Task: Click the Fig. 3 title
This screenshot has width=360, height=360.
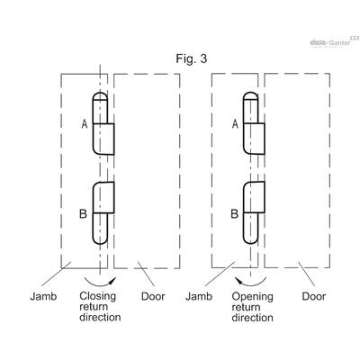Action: pos(192,58)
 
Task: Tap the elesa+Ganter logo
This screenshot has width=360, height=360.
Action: pos(334,42)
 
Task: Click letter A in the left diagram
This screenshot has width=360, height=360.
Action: pos(85,123)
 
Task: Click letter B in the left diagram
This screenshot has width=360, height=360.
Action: pos(83,213)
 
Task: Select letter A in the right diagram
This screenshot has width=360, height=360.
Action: pos(235,123)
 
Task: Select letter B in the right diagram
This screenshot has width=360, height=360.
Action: pos(235,213)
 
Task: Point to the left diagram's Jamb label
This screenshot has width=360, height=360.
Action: pos(43,296)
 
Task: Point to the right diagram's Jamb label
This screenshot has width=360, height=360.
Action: pos(199,296)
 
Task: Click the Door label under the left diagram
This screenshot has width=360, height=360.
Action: pos(153,296)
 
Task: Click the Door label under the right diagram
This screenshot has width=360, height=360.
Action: pos(313,296)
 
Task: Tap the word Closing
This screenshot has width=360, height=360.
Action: pos(98,296)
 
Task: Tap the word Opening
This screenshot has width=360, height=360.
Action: pos(253,297)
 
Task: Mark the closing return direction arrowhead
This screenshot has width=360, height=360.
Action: pos(112,281)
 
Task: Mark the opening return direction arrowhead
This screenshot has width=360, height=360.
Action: pos(238,281)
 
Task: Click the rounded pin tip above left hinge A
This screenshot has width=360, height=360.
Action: pos(100,96)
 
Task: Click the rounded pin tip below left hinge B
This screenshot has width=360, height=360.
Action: pos(100,239)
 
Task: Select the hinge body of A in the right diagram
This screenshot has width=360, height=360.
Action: pos(254,139)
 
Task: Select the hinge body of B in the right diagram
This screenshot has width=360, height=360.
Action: pos(254,197)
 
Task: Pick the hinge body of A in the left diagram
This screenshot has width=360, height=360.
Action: pos(103,139)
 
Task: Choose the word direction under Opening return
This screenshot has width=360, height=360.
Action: pos(253,318)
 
